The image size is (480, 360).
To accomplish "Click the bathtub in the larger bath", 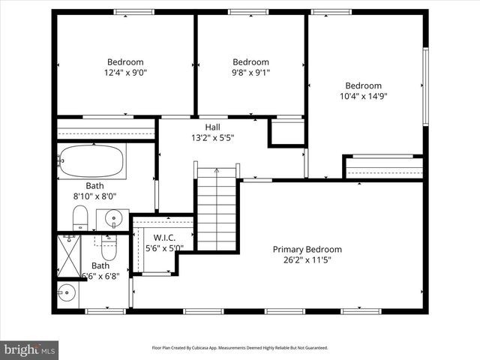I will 92,160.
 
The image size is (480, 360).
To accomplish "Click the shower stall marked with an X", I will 68,255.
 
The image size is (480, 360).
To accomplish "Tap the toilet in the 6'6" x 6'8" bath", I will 108,244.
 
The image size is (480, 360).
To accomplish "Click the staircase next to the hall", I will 217,210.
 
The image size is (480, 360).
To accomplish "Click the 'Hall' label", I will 212,127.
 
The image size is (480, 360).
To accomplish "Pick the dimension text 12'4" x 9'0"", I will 125,73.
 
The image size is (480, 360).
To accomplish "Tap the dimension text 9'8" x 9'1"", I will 250,73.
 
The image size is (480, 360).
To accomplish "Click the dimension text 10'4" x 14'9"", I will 363,96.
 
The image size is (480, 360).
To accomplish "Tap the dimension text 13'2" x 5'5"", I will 212,137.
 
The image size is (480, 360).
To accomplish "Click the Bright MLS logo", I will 30,349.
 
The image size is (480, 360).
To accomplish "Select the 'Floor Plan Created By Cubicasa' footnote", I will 240,348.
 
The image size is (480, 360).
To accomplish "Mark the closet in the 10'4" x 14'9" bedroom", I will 383,166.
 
